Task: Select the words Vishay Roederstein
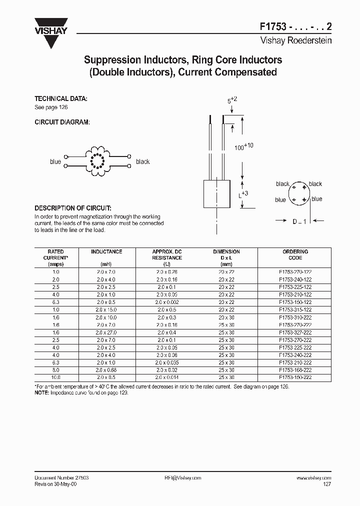pos(296,40)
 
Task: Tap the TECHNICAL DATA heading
pos(60,98)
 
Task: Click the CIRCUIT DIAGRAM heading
pos(62,122)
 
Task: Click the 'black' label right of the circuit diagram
pos(142,161)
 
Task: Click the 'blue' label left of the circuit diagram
pos(55,161)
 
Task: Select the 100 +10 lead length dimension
pos(244,147)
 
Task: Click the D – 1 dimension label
pos(299,221)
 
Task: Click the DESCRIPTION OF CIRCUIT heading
pos(72,207)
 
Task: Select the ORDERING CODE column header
pos(295,254)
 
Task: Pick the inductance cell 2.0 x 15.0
pos(106,309)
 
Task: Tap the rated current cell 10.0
pos(55,377)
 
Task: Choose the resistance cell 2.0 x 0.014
pos(166,377)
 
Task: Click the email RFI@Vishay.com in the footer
pos(182,477)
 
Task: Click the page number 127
pos(326,484)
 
